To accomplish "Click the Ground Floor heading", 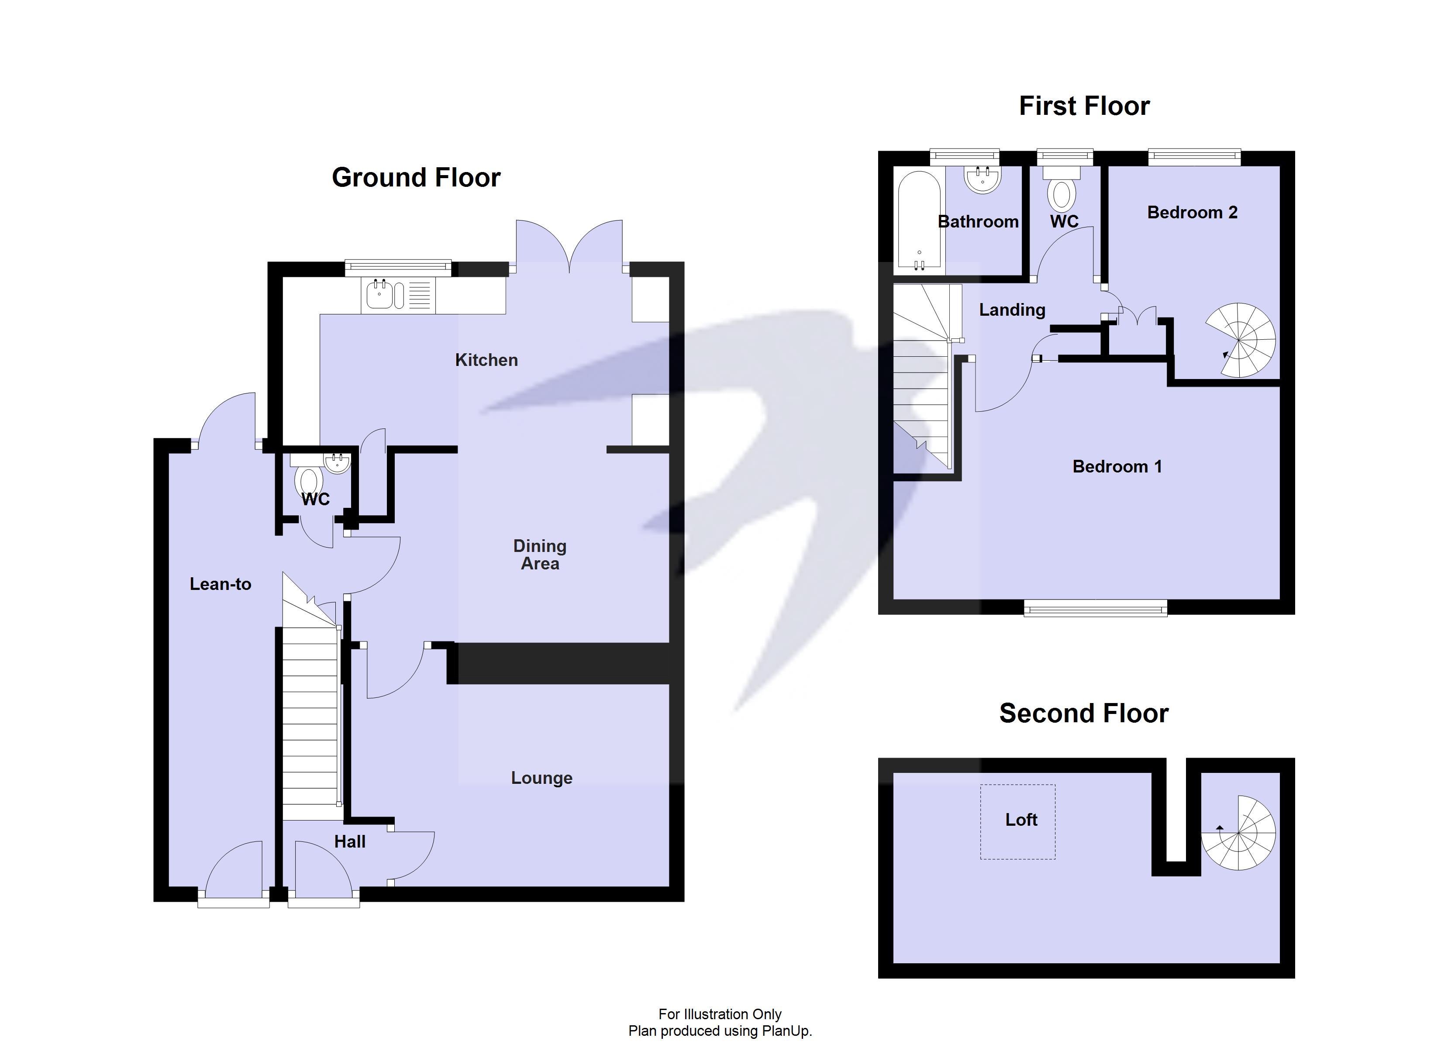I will [x=416, y=177].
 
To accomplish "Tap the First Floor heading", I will [x=1084, y=106].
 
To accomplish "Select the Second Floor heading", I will [x=1083, y=713].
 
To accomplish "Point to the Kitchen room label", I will [x=486, y=360].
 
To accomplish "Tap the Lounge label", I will [x=541, y=778].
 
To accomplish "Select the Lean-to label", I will [x=221, y=584].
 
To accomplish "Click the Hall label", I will [x=349, y=841].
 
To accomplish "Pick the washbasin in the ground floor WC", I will [x=337, y=463].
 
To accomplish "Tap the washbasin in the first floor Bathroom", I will [x=983, y=179].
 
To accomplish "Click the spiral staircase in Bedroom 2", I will [x=1240, y=341].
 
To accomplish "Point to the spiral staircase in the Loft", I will [x=1239, y=833].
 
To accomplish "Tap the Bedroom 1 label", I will [x=1117, y=466].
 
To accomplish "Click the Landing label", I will [x=1011, y=310].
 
